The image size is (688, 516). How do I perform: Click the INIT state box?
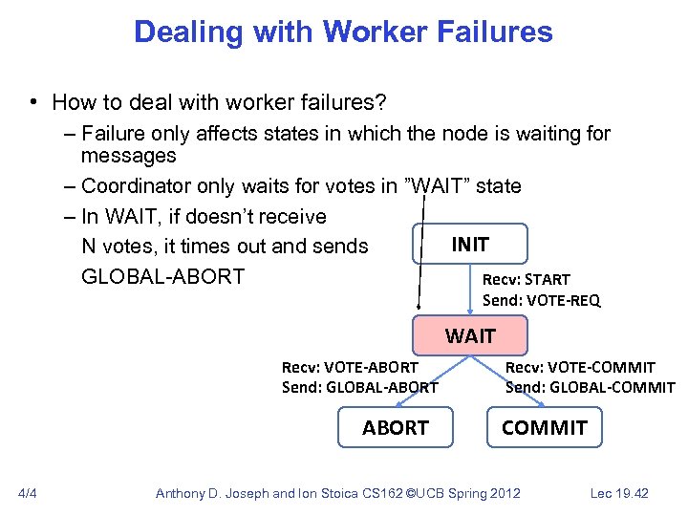click(x=469, y=245)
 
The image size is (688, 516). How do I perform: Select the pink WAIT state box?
click(x=469, y=335)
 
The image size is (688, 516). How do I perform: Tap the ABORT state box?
click(x=395, y=427)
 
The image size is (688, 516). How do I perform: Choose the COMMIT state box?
click(x=544, y=427)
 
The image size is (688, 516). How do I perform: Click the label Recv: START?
click(x=526, y=280)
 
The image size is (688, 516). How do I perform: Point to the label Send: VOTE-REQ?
click(x=541, y=300)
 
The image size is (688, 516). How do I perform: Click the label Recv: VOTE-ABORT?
click(x=350, y=367)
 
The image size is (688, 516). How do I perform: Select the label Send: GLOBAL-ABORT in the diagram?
click(x=359, y=387)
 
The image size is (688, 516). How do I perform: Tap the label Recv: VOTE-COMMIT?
click(x=579, y=367)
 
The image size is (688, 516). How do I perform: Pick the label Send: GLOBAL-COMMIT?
click(x=590, y=387)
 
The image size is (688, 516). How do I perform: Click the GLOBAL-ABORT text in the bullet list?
click(x=162, y=277)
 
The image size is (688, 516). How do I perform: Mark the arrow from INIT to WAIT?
click(x=469, y=290)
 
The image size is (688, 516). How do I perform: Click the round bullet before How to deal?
click(x=32, y=102)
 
